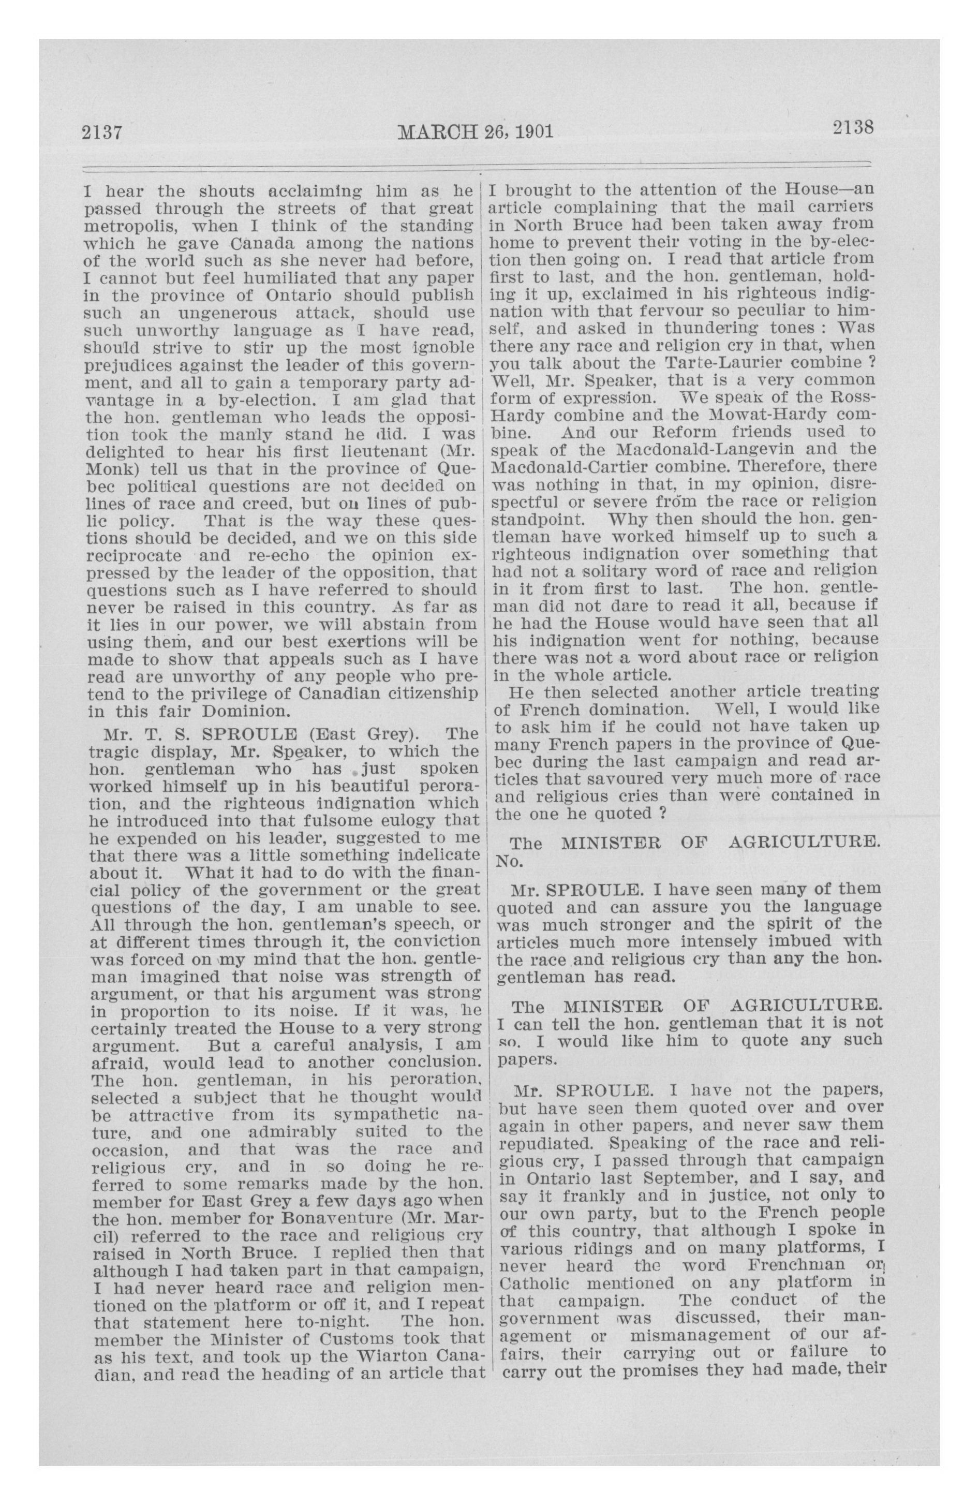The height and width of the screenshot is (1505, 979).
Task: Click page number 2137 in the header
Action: pyautogui.click(x=101, y=133)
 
